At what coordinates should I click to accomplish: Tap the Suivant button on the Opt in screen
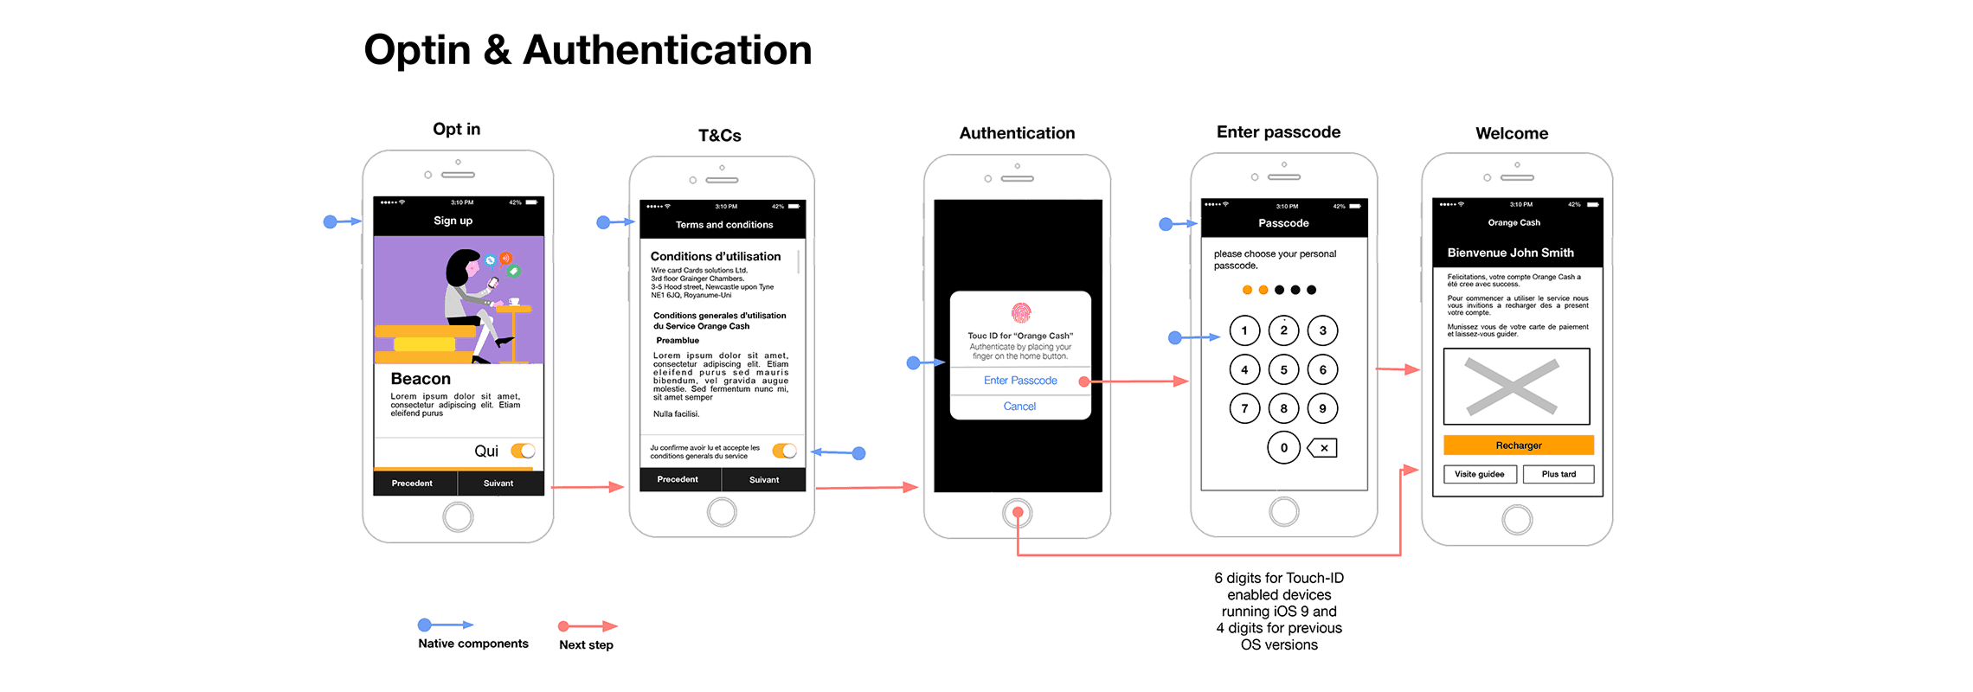click(x=498, y=484)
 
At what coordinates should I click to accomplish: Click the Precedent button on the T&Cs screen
click(x=678, y=479)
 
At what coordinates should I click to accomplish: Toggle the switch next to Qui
click(x=523, y=451)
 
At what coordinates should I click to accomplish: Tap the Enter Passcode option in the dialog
click(x=1020, y=381)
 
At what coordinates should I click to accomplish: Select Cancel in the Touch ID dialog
click(x=1019, y=407)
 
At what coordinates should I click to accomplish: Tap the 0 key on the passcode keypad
click(x=1283, y=448)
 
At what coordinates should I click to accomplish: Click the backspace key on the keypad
click(x=1323, y=448)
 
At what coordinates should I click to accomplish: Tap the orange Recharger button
click(x=1518, y=445)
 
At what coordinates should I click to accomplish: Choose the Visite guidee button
click(x=1479, y=474)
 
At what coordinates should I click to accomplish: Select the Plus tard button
click(x=1558, y=474)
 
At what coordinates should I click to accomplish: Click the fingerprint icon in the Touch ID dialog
click(x=1021, y=312)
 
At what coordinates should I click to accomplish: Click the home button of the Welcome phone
click(x=1517, y=520)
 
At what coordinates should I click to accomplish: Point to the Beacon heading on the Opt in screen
click(x=421, y=379)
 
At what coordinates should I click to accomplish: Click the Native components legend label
click(x=472, y=644)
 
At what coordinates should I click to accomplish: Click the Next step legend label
click(x=586, y=645)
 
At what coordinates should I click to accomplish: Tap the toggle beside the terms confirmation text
click(x=785, y=451)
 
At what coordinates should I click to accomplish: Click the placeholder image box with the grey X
click(x=1516, y=387)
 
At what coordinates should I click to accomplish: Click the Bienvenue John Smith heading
click(x=1511, y=253)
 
